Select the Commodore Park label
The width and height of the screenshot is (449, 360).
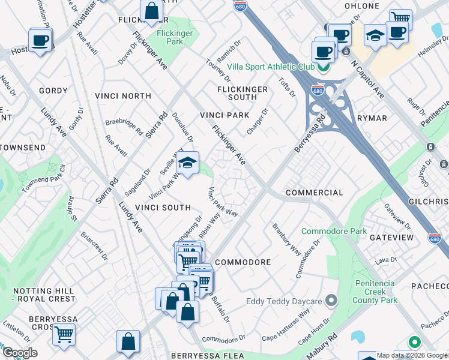click(334, 231)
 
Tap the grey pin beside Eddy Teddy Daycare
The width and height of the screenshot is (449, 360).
click(331, 300)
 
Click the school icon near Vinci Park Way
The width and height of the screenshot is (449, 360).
click(188, 163)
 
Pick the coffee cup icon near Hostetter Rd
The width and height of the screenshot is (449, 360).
click(40, 41)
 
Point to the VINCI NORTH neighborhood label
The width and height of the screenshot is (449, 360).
click(123, 96)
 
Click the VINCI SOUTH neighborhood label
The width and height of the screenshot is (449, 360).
click(163, 208)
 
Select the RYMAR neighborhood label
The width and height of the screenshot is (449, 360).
click(372, 118)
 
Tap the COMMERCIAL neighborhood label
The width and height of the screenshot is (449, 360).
click(315, 193)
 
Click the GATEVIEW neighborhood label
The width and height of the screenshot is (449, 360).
click(391, 238)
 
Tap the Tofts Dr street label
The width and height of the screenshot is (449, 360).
click(288, 86)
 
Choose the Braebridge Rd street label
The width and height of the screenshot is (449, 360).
click(124, 125)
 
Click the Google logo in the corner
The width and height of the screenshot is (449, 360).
click(20, 353)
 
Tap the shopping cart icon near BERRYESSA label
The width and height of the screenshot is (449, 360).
click(64, 334)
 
